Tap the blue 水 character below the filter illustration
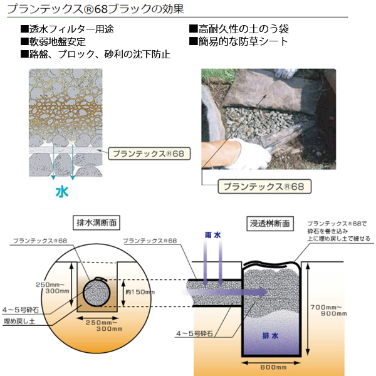pyautogui.click(x=61, y=191)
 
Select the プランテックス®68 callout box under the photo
pyautogui.click(x=263, y=186)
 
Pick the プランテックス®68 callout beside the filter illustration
pyautogui.click(x=148, y=152)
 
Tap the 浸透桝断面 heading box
pyautogui.click(x=269, y=222)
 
